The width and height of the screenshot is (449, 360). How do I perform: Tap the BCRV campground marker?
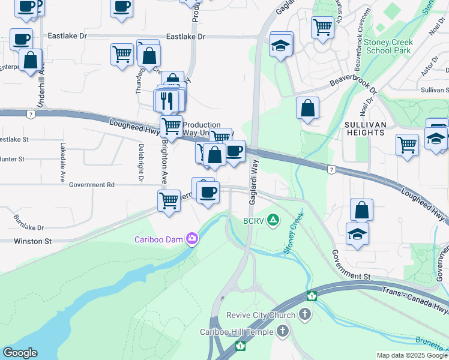pyautogui.click(x=273, y=220)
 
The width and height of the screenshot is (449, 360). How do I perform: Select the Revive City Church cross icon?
pyautogui.click(x=305, y=314)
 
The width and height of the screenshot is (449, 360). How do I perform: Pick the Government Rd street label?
pyautogui.click(x=91, y=185)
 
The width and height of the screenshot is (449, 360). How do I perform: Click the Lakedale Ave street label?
pyautogui.click(x=62, y=162)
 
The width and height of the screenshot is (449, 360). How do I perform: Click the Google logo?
pyautogui.click(x=20, y=353)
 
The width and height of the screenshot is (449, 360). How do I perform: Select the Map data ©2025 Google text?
pyautogui.click(x=412, y=355)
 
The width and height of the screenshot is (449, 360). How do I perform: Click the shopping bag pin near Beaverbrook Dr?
pyautogui.click(x=307, y=109)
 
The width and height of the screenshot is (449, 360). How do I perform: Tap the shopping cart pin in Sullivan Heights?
pyautogui.click(x=407, y=145)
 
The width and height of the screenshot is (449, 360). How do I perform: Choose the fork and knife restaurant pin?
pyautogui.click(x=167, y=100)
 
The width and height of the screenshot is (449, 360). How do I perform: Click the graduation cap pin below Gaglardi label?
pyautogui.click(x=280, y=46)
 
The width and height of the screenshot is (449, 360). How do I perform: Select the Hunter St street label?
pyautogui.click(x=12, y=159)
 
